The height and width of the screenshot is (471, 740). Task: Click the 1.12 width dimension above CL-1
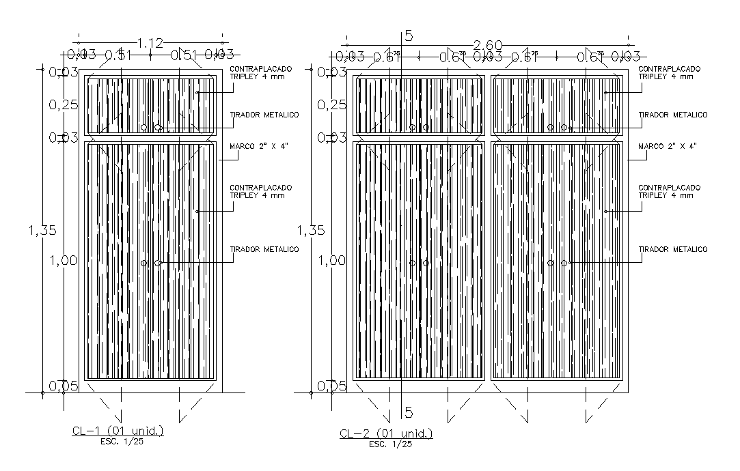[x=150, y=43]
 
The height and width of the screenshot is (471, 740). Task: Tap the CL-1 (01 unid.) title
[x=118, y=431]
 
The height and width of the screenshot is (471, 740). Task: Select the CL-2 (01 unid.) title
[x=386, y=434]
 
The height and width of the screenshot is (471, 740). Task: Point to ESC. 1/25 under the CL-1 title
[x=118, y=441]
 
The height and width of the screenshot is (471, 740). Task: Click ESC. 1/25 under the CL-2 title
[x=390, y=444]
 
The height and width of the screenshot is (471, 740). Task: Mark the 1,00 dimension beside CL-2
[x=332, y=260]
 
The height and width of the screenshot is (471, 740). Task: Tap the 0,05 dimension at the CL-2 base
[x=332, y=386]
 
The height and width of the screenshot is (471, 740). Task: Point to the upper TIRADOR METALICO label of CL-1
[x=264, y=115]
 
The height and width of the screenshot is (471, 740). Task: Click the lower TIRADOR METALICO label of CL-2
[x=672, y=249]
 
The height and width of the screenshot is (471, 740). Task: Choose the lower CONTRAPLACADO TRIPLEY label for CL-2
[x=669, y=191]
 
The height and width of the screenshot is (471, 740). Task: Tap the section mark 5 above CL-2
[x=409, y=35]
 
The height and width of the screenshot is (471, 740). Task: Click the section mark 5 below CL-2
[x=409, y=412]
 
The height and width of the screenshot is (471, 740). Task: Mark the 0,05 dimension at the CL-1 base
[x=64, y=386]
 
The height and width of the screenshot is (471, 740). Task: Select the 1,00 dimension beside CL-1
[x=64, y=260]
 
